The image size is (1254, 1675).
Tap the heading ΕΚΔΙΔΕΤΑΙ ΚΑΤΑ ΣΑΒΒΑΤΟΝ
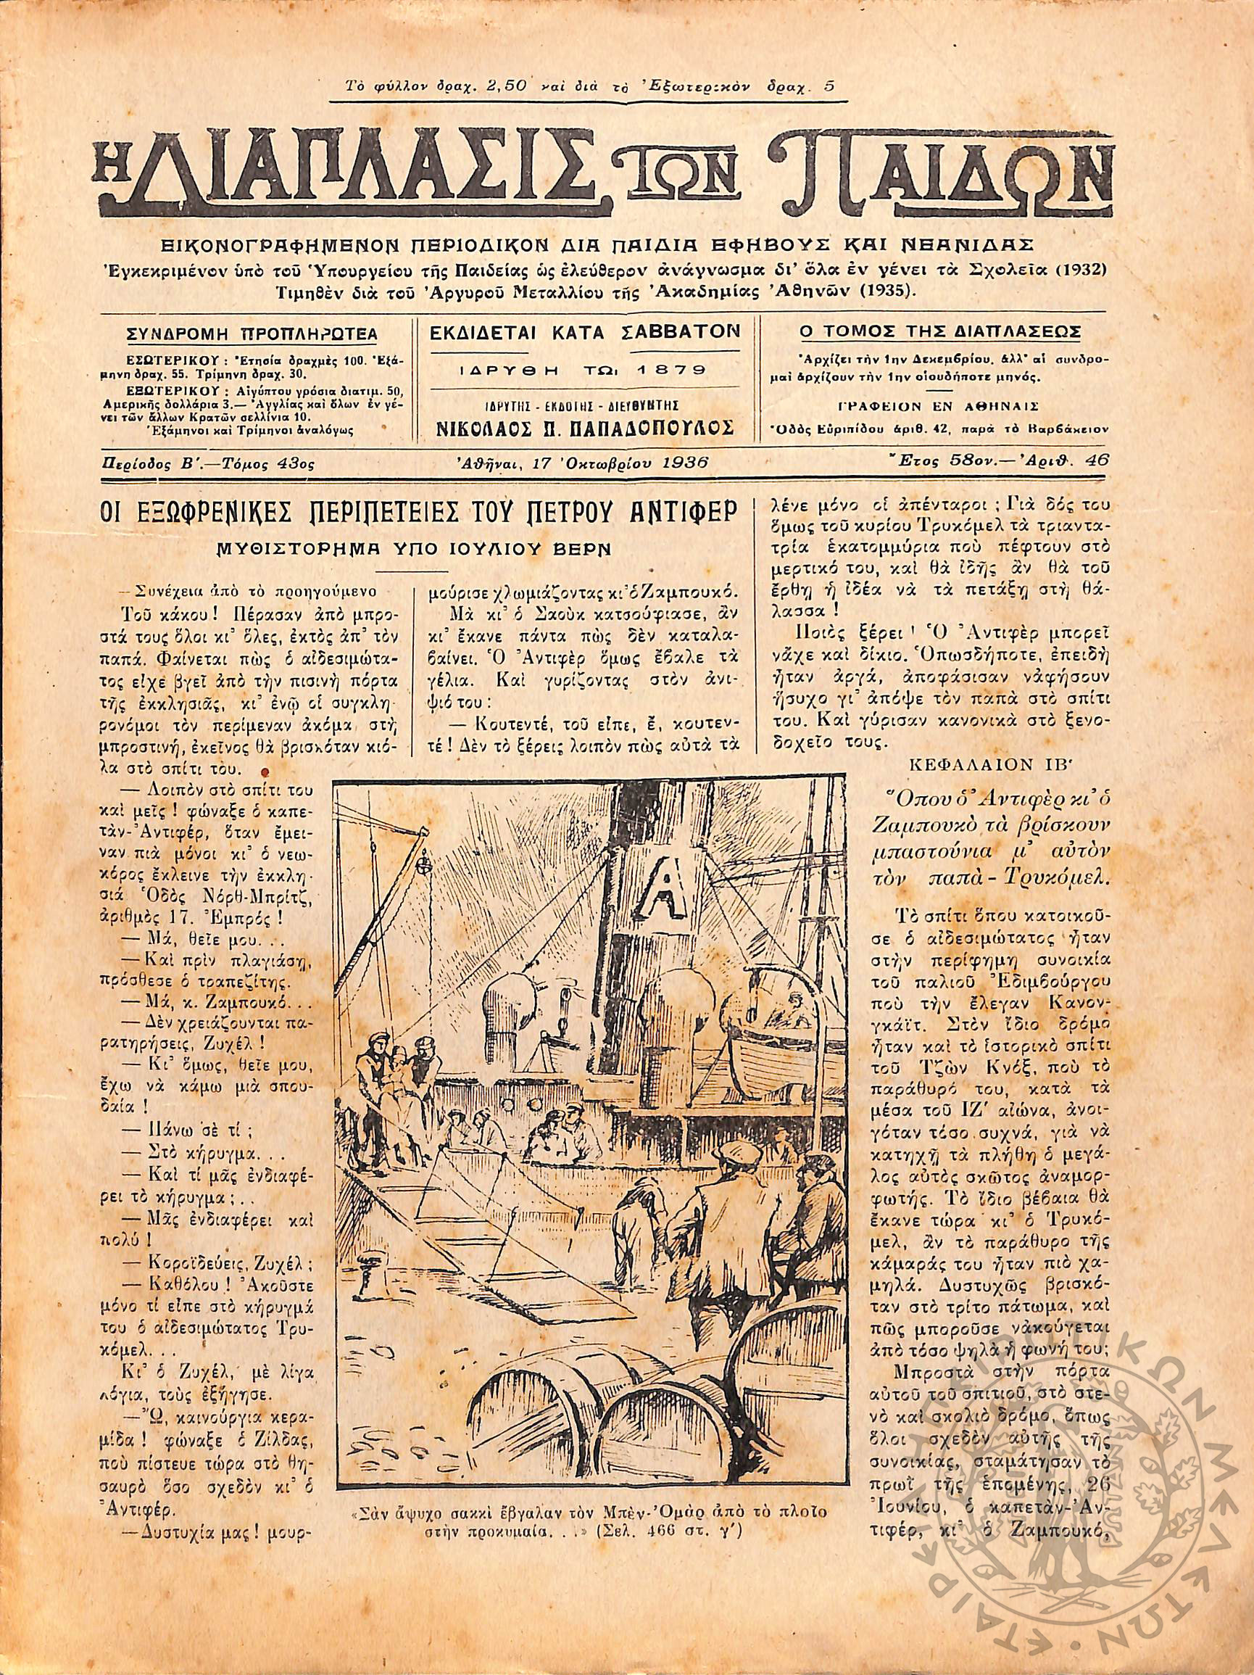pyautogui.click(x=585, y=331)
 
